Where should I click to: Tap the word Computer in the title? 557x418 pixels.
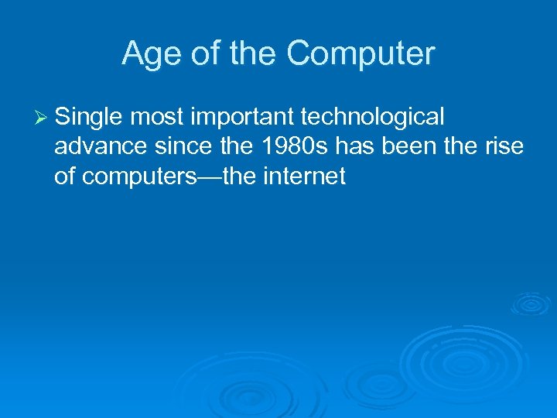[x=361, y=54]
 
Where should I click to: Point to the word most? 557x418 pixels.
[x=156, y=117]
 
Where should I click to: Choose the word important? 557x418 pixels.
[x=241, y=117]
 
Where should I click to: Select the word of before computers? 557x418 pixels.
[x=65, y=177]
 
